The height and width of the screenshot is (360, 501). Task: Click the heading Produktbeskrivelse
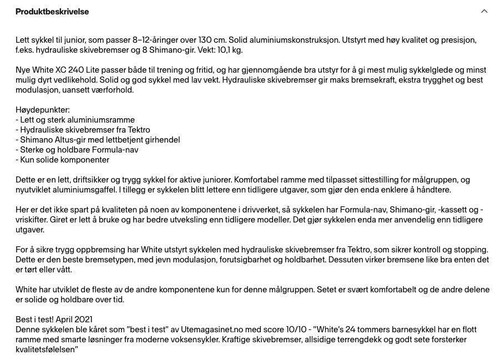tap(52, 12)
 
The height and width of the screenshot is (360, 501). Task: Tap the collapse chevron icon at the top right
tap(484, 12)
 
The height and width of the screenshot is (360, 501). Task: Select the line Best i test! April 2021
tap(54, 320)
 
